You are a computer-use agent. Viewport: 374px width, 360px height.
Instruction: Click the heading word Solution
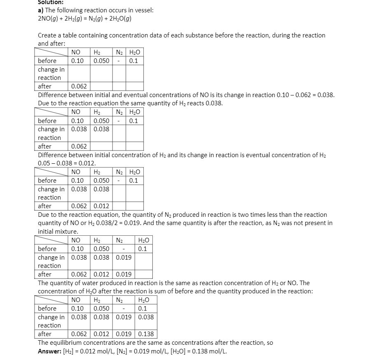coord(51,2)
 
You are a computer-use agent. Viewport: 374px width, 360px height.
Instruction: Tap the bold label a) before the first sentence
coord(40,10)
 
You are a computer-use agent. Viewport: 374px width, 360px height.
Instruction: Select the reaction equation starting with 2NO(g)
coord(84,19)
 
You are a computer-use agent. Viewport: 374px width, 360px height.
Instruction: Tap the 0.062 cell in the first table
coord(79,86)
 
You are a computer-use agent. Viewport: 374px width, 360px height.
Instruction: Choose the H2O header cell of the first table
coord(134,52)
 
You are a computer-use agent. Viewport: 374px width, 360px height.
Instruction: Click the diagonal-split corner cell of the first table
coord(51,52)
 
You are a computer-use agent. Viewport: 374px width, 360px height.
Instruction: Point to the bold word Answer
coord(49,351)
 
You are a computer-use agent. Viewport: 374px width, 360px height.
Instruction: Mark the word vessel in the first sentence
coord(143,10)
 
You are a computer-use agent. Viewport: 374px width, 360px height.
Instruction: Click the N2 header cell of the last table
coord(124,300)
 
